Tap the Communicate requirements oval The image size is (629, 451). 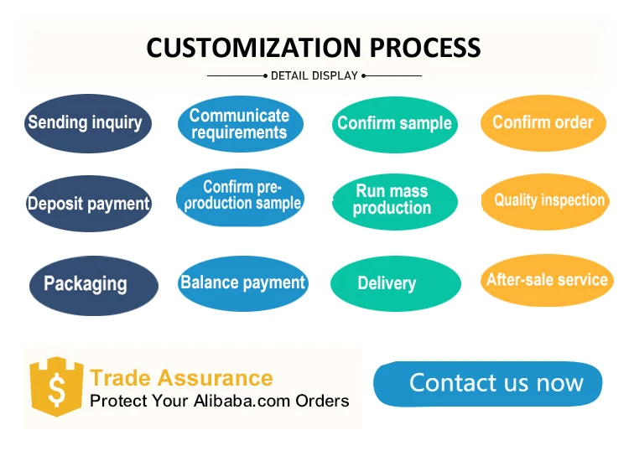pos(239,124)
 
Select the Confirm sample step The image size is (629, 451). pos(394,124)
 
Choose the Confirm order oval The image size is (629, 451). pos(543,123)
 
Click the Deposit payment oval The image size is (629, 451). pos(88,203)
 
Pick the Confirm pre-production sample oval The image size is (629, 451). pos(242,197)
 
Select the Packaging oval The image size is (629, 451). pos(93,284)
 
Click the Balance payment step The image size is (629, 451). pos(243,283)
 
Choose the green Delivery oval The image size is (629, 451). pos(395,284)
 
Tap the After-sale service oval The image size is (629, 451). pos(548,280)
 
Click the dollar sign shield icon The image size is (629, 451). pos(56,388)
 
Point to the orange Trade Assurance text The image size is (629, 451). pos(181,378)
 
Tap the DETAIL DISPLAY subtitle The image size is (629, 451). pos(314,75)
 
